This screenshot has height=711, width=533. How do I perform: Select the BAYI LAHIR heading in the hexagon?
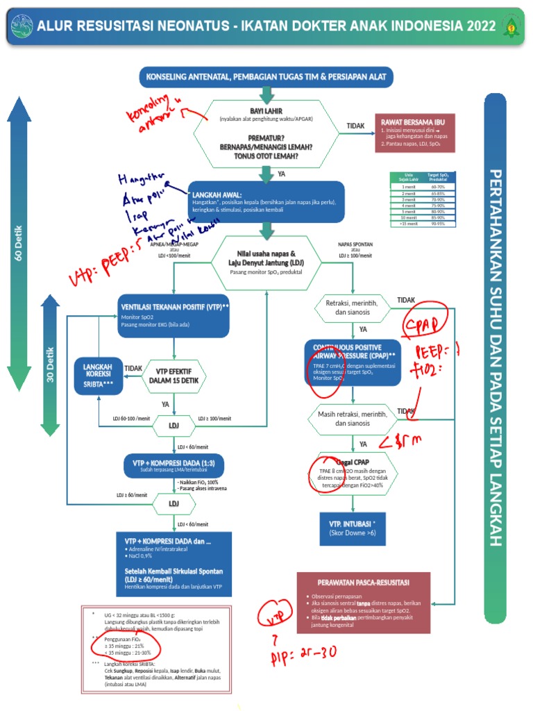click(266, 111)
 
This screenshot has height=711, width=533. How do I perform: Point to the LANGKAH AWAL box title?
click(217, 195)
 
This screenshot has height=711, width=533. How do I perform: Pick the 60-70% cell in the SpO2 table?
click(438, 187)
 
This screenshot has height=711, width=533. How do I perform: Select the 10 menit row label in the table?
click(409, 218)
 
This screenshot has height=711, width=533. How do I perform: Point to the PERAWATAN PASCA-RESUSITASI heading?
click(373, 581)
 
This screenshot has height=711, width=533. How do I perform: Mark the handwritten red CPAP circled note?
click(423, 326)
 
